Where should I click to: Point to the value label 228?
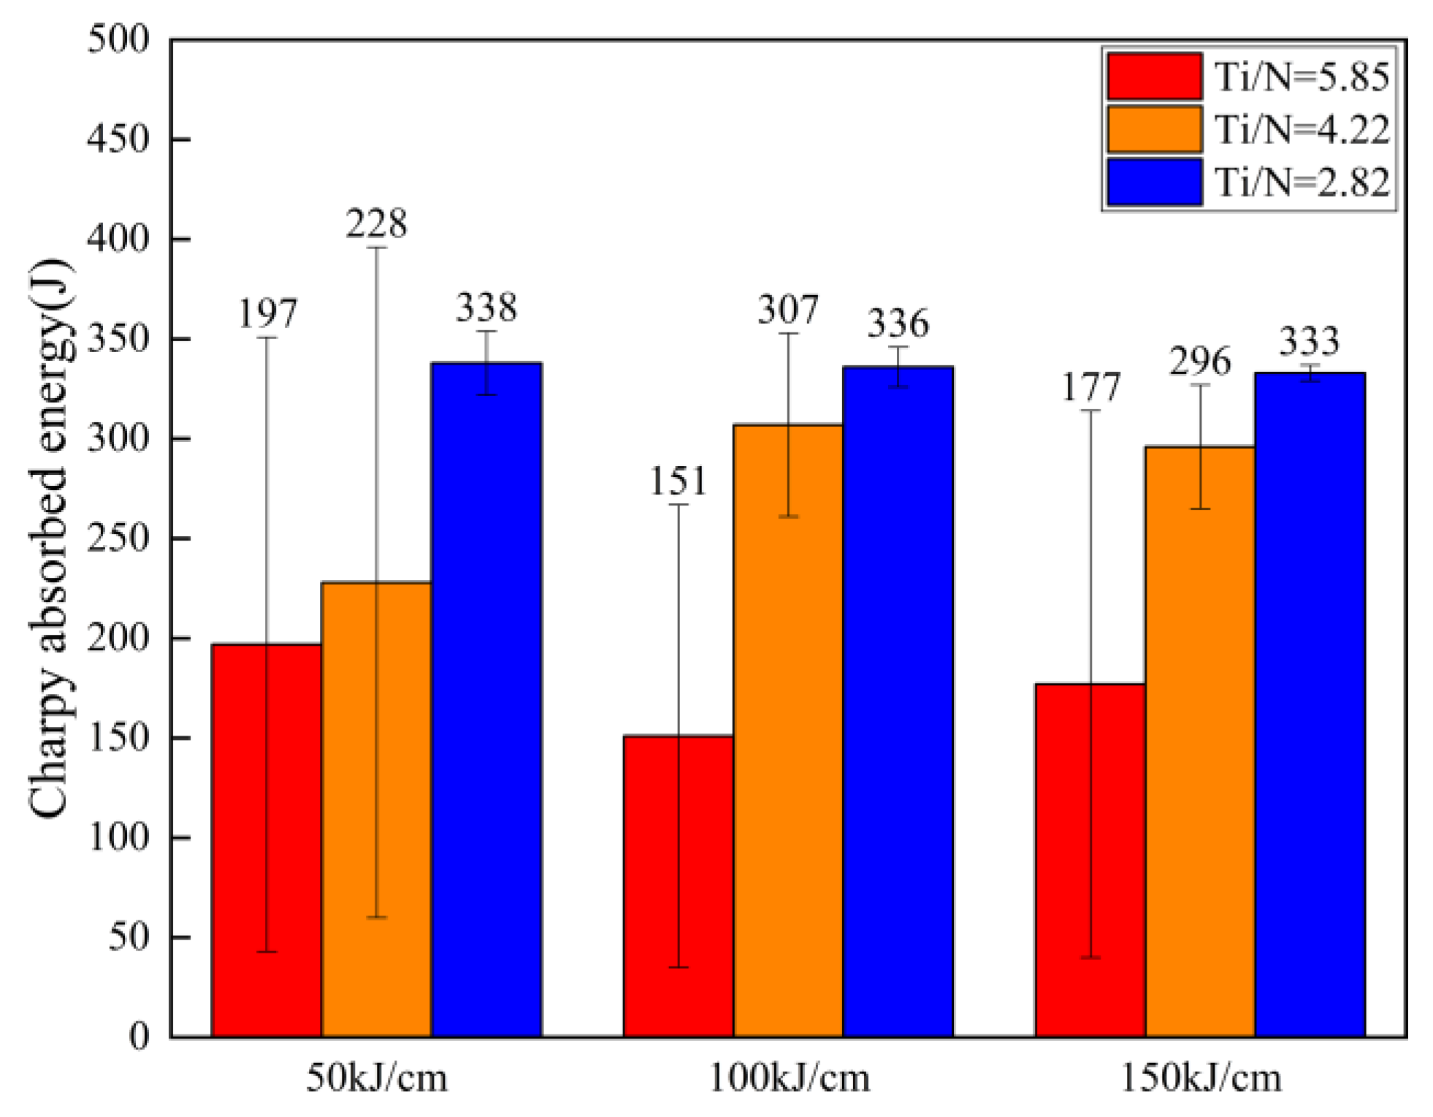pyautogui.click(x=376, y=224)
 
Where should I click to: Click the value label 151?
pyautogui.click(x=679, y=481)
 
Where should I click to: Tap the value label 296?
pyautogui.click(x=1200, y=362)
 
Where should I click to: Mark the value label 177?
pyautogui.click(x=1090, y=387)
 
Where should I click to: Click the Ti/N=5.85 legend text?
pyautogui.click(x=1302, y=77)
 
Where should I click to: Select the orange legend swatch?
pyautogui.click(x=1154, y=129)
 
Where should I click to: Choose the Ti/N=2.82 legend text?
pyautogui.click(x=1302, y=182)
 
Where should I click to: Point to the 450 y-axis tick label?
pyautogui.click(x=118, y=139)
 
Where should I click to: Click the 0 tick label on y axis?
pyautogui.click(x=139, y=1036)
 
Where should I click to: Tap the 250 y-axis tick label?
pyautogui.click(x=118, y=538)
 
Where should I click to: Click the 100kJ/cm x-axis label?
pyautogui.click(x=789, y=1078)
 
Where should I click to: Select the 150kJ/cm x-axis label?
pyautogui.click(x=1201, y=1078)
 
